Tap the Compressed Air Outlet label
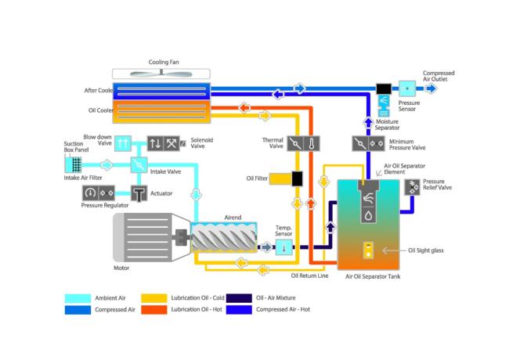439,76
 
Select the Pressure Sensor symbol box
407,88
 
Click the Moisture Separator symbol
383,103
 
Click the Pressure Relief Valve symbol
413,186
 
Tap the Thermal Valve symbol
302,144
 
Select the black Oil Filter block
298,179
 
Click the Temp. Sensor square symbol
283,247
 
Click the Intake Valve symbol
139,165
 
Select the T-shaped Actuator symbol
139,193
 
